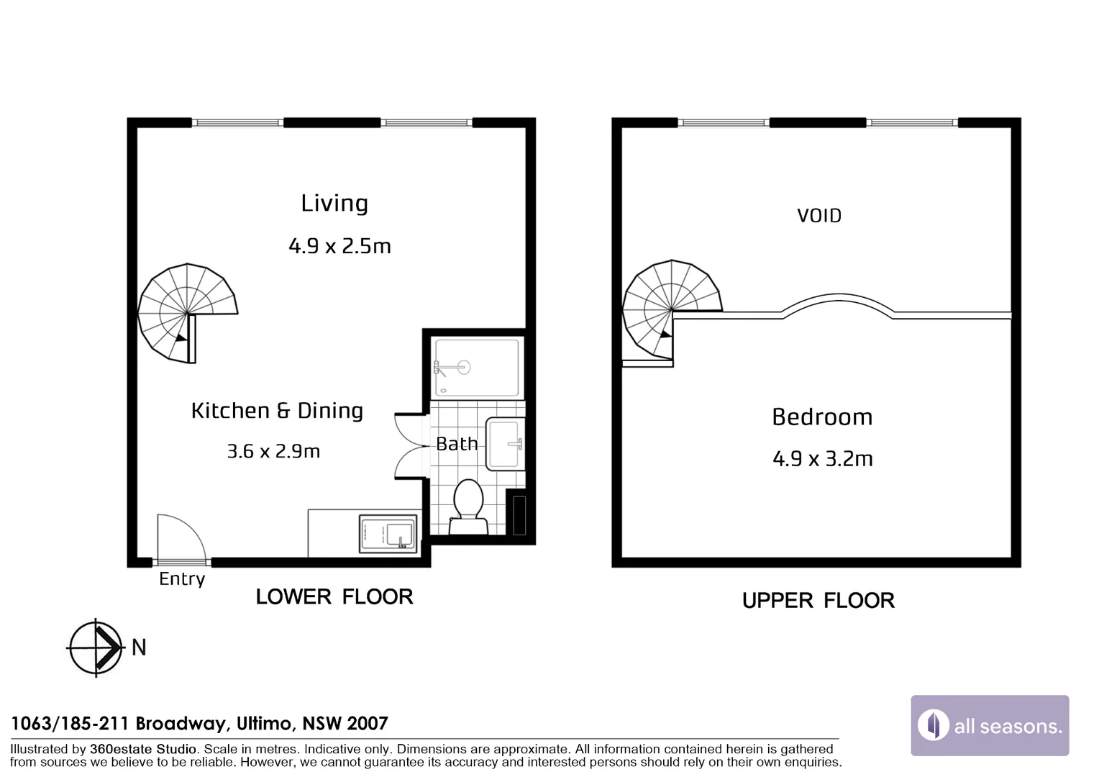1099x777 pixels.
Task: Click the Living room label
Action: click(334, 203)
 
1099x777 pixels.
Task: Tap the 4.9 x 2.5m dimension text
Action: click(339, 246)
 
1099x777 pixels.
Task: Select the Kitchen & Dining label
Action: click(277, 410)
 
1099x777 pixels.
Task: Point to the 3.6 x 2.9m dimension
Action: click(273, 451)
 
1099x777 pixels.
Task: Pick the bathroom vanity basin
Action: click(505, 444)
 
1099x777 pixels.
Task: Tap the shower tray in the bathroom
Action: click(476, 367)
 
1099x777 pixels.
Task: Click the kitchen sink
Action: click(388, 534)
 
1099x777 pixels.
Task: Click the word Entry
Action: click(182, 579)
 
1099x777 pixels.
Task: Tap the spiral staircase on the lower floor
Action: click(188, 313)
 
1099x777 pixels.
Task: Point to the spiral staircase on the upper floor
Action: click(671, 309)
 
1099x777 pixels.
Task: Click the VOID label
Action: click(819, 216)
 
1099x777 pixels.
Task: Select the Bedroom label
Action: click(822, 417)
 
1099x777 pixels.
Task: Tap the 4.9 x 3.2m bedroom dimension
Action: click(823, 459)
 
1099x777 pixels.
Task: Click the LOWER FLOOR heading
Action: click(334, 597)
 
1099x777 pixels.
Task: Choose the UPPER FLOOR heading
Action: click(818, 601)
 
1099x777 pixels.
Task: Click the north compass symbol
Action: click(96, 648)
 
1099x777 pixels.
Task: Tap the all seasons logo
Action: click(990, 725)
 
